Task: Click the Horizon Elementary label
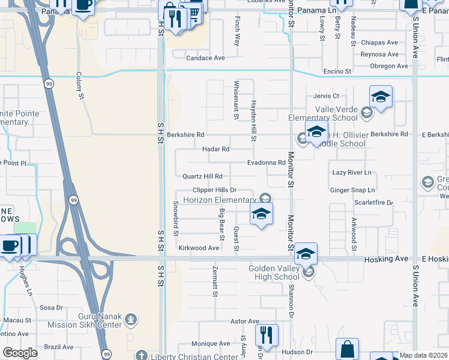pyautogui.click(x=219, y=200)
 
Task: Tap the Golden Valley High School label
pyautogui.click(x=274, y=272)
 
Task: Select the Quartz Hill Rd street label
pyautogui.click(x=203, y=176)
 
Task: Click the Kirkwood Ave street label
pyautogui.click(x=199, y=248)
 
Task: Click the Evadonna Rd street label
pyautogui.click(x=266, y=163)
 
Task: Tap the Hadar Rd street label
pyautogui.click(x=216, y=149)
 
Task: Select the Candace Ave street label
pyautogui.click(x=205, y=58)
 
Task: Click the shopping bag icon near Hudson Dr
pyautogui.click(x=347, y=349)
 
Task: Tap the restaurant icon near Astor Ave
pyautogui.click(x=266, y=335)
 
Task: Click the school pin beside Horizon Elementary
pyautogui.click(x=261, y=214)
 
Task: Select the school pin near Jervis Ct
pyautogui.click(x=381, y=97)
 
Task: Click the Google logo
pyautogui.click(x=20, y=353)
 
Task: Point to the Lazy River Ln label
pyautogui.click(x=352, y=173)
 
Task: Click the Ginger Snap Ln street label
pyautogui.click(x=352, y=190)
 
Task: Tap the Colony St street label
pyautogui.click(x=79, y=82)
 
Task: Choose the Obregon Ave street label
pyautogui.click(x=389, y=66)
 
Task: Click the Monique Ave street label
pyautogui.click(x=211, y=344)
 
